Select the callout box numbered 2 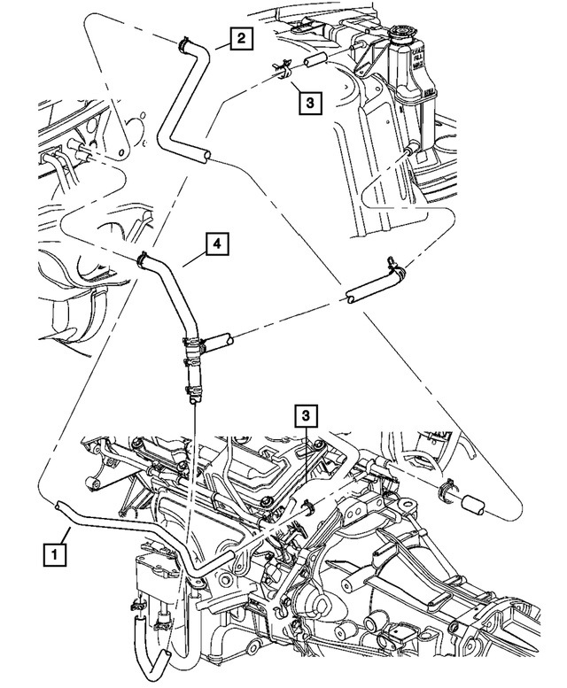tap(240, 38)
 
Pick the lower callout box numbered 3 tap(306, 415)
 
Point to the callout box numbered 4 tap(215, 242)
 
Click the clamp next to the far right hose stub tap(447, 489)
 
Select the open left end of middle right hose tap(352, 298)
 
